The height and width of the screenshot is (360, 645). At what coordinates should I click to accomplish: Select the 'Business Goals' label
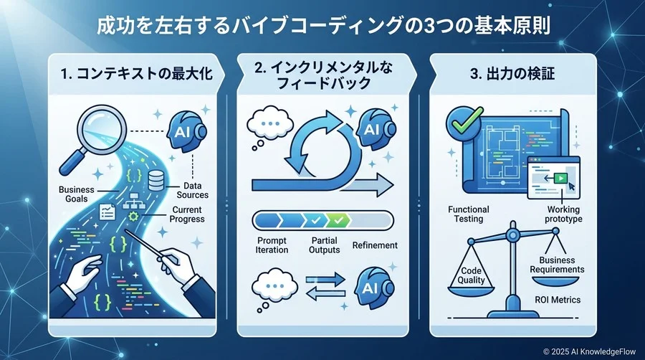point(77,194)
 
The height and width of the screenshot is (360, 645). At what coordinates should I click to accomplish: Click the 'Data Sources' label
point(192,191)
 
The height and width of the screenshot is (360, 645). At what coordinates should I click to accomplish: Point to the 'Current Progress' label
point(187,214)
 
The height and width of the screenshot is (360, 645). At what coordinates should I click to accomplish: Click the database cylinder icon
point(156,180)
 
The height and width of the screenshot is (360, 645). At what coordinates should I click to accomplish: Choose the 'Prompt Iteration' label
point(272,245)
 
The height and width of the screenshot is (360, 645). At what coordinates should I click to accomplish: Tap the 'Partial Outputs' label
point(324,245)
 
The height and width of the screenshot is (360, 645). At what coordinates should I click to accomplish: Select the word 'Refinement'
point(375,245)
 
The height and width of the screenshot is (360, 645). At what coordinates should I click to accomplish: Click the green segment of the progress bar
point(338,221)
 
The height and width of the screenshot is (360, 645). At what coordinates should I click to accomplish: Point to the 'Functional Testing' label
point(469,214)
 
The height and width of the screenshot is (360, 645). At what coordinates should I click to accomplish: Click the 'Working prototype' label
point(563,214)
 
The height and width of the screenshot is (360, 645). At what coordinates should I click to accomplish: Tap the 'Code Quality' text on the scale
point(471,275)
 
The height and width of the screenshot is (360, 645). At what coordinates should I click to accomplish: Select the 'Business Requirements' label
point(557,265)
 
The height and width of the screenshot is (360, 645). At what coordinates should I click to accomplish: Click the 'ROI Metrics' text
point(558,300)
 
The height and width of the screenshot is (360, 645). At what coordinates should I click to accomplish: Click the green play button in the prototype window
point(560,178)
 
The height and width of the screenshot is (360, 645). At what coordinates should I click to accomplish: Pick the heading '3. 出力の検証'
point(512,74)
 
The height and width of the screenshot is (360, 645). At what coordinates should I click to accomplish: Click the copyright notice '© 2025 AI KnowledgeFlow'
point(590,351)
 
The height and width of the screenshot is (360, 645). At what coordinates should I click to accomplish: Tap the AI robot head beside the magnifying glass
point(186,131)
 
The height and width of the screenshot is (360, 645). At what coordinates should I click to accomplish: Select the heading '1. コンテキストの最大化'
point(137,74)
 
